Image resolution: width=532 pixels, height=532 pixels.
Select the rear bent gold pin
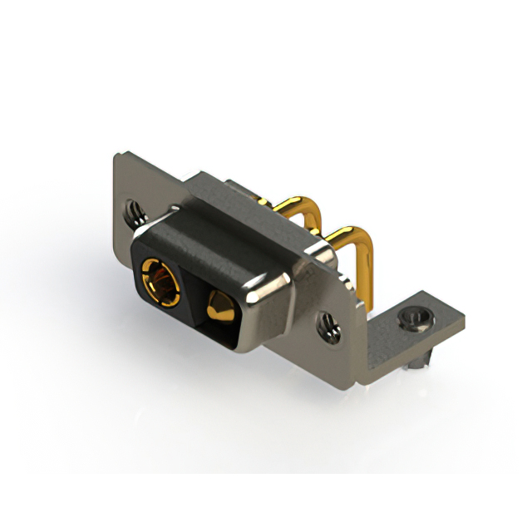tap(291, 204)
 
